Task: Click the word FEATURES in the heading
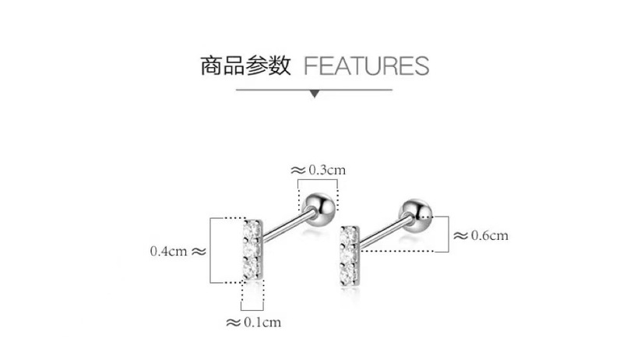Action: coord(365,65)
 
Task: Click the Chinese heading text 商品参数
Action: coord(245,65)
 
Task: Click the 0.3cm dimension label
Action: coord(326,169)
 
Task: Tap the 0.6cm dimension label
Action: coord(490,235)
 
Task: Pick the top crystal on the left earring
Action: coord(251,231)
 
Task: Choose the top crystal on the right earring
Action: coord(350,235)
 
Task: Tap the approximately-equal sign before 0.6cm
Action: coord(460,235)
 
